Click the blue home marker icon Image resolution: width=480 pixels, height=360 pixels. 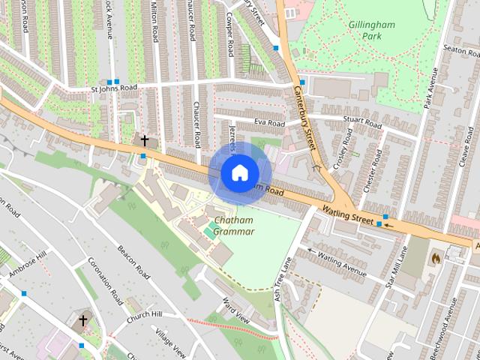238,172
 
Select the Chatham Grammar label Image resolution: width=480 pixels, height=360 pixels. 233,226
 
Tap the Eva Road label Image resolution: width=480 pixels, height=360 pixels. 269,123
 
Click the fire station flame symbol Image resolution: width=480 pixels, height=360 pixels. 434,256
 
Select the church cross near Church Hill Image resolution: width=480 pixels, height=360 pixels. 82,320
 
